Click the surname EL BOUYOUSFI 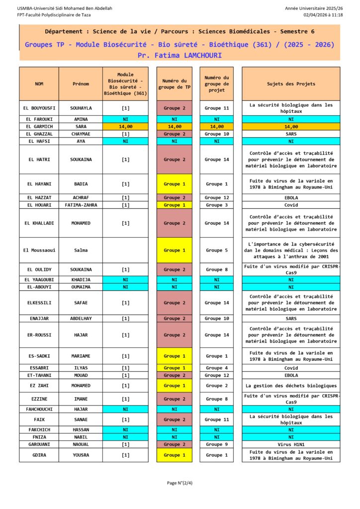point(39,108)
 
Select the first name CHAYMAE point(81,134)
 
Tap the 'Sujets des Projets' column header point(291,84)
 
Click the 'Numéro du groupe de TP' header point(175,84)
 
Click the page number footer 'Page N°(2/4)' point(180,483)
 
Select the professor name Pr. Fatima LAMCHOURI point(180,55)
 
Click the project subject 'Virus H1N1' point(291,444)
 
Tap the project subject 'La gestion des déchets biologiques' point(291,386)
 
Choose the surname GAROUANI point(39,444)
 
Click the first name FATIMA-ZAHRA point(81,205)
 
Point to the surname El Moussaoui point(39,251)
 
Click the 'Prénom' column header point(81,84)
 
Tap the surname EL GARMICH point(39,127)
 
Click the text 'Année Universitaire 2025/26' point(314,8)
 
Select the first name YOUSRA point(81,455)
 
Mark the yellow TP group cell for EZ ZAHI point(175,386)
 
